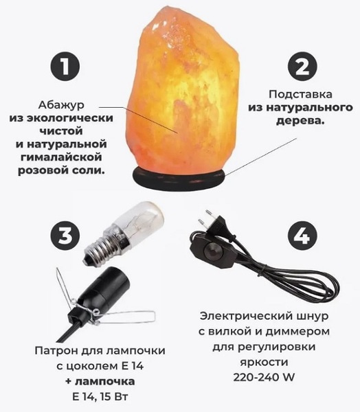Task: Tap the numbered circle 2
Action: (x=302, y=67)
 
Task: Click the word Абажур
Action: (x=62, y=105)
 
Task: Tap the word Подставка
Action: (x=300, y=94)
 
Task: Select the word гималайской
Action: (x=61, y=157)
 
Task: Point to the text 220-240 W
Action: (x=264, y=378)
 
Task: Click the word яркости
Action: (x=264, y=363)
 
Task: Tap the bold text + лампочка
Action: (x=100, y=381)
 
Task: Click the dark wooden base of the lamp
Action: (x=179, y=178)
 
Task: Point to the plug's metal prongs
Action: (x=205, y=217)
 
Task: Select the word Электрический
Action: (x=246, y=316)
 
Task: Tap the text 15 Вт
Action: (x=115, y=396)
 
